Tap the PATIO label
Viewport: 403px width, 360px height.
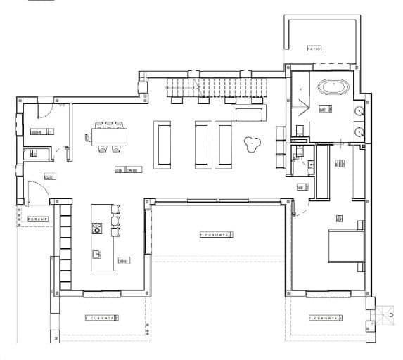click(314, 49)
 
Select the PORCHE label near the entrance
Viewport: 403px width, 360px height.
click(37, 219)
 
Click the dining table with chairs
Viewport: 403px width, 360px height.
click(109, 136)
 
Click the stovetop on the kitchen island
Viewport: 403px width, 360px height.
click(96, 228)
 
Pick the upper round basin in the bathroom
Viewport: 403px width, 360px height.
click(359, 110)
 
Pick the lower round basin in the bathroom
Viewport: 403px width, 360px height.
click(359, 130)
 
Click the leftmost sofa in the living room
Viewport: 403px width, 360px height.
click(162, 145)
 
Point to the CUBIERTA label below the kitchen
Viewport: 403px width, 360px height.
click(102, 318)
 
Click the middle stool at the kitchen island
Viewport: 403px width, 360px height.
click(117, 221)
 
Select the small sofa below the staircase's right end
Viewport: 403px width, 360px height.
click(250, 114)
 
